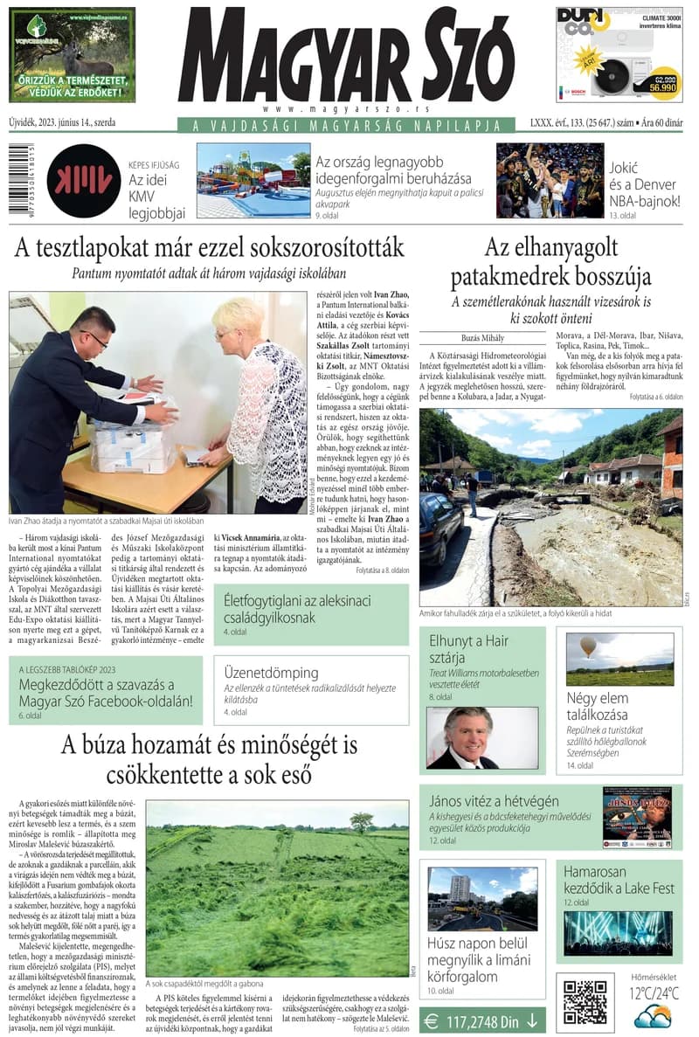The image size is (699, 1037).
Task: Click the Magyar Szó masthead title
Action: (346, 58)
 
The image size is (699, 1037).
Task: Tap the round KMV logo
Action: (84, 181)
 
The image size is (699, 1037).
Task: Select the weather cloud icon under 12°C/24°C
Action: (653, 1016)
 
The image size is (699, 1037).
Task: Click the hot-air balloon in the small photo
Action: (588, 646)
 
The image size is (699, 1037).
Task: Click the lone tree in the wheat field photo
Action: (360, 821)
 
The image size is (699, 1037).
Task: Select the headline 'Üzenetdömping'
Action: (271, 673)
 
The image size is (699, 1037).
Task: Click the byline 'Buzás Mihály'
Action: (483, 337)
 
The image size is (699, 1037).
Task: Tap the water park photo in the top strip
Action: (253, 180)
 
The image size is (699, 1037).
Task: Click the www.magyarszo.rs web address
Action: (346, 108)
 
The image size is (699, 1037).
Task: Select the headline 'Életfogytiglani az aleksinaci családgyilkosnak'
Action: (297, 609)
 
